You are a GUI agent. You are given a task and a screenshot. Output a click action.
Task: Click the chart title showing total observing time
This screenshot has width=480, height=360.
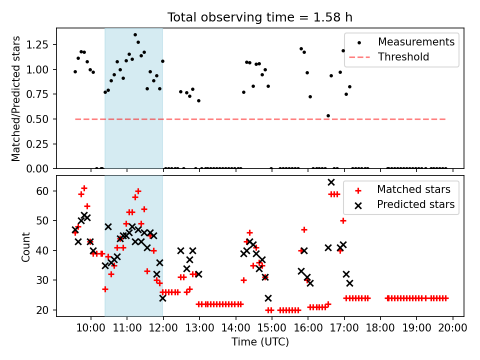coord(260,17)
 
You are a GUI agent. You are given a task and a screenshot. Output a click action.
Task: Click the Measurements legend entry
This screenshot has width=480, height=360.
coord(401,42)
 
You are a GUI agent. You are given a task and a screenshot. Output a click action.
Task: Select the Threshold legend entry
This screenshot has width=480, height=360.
coord(389,57)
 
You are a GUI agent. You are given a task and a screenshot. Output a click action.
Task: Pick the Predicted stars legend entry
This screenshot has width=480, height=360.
coord(404,204)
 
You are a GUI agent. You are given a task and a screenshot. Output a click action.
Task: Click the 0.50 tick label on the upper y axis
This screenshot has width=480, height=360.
coord(37,119)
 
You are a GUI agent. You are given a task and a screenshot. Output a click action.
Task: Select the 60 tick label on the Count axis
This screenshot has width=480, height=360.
coord(42,191)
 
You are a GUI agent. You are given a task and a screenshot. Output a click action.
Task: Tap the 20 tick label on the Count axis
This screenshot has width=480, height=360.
coord(42,310)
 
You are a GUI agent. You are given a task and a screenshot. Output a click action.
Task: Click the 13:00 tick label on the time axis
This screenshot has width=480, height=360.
coord(199,328)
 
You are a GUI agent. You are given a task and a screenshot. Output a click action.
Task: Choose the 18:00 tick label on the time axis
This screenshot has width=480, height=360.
coord(380,328)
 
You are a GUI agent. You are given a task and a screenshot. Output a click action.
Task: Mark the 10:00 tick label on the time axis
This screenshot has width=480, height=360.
coord(91,328)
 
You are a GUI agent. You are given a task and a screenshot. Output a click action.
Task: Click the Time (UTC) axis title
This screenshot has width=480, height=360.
coord(260,341)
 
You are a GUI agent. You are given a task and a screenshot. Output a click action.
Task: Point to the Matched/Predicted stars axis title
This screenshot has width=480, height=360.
coord(16,98)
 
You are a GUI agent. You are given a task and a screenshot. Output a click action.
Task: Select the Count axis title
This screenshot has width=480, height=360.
coord(25,246)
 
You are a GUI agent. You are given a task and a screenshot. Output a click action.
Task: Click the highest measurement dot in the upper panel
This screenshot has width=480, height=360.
coord(135,35)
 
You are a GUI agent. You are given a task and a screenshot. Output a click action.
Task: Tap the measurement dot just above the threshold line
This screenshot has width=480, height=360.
coord(328,115)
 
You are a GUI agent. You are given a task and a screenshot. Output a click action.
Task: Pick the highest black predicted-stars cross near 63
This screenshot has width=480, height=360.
coord(331,182)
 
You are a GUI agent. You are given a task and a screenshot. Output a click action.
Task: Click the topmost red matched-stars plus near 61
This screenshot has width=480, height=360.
coord(84,188)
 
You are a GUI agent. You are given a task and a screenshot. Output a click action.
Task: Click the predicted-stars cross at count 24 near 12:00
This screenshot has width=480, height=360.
coord(162,298)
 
